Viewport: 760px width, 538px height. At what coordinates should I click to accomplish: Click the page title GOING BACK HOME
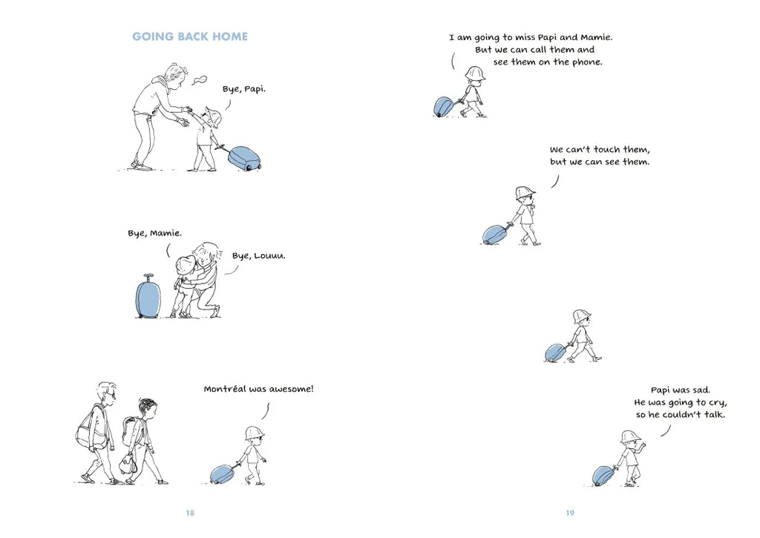190,37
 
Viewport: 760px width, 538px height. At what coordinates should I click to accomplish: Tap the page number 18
190,513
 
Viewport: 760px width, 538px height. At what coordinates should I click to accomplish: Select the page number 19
570,513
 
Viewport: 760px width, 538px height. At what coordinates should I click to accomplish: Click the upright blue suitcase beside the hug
148,297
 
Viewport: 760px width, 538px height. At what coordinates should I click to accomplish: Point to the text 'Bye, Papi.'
243,89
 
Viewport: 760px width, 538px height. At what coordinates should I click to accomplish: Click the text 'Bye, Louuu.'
259,256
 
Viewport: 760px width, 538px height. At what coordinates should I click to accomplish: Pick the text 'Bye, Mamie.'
154,233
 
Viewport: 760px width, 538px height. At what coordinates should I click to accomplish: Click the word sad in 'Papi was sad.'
701,390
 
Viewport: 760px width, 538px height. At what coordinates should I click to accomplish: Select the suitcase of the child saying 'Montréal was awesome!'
223,474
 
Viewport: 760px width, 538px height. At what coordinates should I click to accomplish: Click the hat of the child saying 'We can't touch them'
525,192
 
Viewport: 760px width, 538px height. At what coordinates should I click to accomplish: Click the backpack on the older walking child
130,430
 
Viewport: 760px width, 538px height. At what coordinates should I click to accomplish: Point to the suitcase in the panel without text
556,352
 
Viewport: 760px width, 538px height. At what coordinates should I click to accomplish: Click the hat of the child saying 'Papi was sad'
631,436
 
